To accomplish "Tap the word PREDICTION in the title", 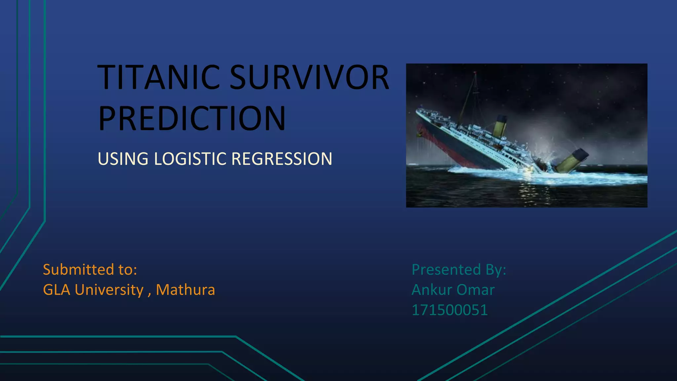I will (192, 118).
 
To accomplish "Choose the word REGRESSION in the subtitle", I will (282, 159).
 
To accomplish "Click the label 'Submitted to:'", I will (90, 270).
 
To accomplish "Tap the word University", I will (109, 290).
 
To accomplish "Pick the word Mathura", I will (185, 290).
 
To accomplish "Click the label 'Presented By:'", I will (459, 270).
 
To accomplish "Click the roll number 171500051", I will (450, 310).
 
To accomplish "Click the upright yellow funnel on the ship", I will (500, 126).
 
